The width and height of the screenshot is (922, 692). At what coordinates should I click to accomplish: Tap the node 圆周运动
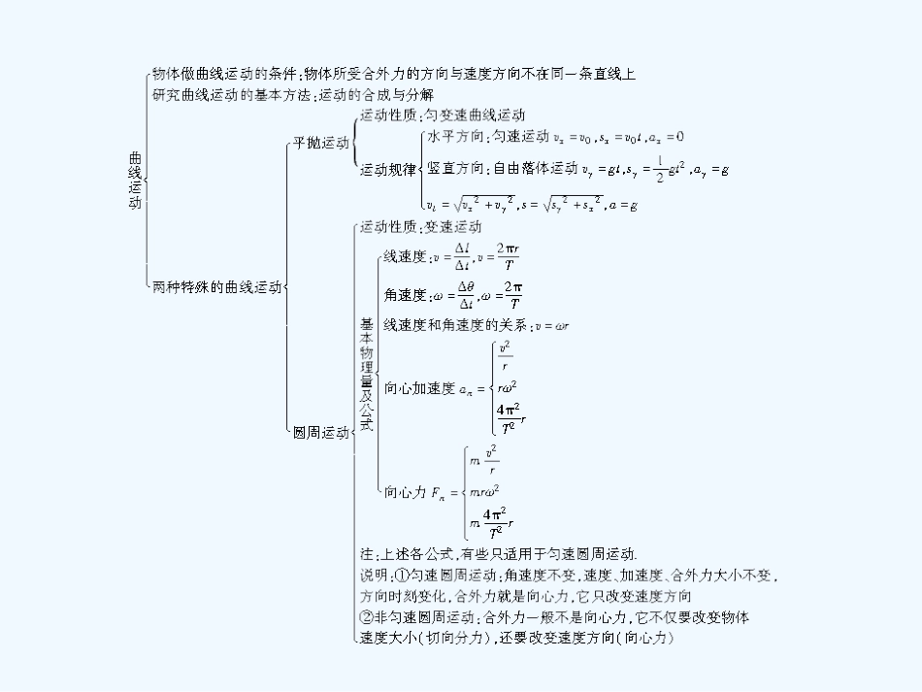320,433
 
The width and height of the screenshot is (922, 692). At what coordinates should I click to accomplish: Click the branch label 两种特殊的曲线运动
216,287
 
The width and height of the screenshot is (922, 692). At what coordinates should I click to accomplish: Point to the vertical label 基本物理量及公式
366,374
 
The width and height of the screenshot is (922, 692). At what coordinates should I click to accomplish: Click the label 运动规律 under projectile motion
388,170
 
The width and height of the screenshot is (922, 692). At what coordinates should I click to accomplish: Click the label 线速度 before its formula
405,257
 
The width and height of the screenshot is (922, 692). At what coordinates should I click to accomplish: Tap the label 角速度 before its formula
405,295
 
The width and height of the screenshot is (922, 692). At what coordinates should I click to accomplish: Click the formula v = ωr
550,325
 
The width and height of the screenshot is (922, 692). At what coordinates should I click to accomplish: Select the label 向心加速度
419,388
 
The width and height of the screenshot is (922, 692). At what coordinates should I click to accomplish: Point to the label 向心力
406,492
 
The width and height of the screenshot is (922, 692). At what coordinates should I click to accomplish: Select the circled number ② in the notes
366,617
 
